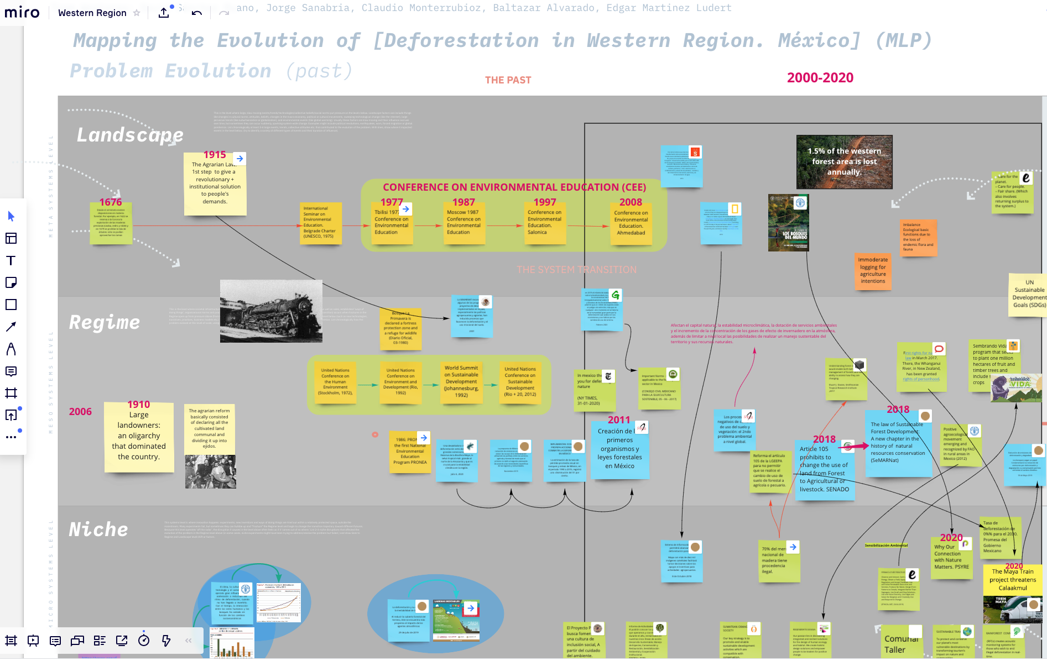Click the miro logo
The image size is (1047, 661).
coord(22,13)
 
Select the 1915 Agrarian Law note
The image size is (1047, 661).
coord(215,184)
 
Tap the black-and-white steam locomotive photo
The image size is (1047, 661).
coord(271,311)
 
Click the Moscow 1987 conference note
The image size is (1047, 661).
coord(463,223)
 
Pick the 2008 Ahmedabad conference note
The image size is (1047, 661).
coord(631,223)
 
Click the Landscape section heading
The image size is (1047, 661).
coord(130,135)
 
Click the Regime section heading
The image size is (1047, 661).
coord(105,322)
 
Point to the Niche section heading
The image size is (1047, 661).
coord(98,529)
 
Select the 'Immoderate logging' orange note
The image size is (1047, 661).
coord(873,270)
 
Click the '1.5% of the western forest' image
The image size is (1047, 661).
coord(844,161)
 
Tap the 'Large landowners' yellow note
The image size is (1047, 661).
coord(139,437)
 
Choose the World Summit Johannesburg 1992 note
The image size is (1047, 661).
coord(461,381)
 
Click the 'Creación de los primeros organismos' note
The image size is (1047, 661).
coord(619,449)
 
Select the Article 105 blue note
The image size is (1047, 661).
coord(824,469)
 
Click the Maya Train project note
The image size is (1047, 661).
coord(1012,580)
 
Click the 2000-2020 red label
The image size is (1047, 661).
coord(820,78)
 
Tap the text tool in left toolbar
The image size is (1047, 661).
coord(11,260)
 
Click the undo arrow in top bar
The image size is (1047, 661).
coord(197,13)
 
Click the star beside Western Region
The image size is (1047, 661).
coord(137,13)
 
